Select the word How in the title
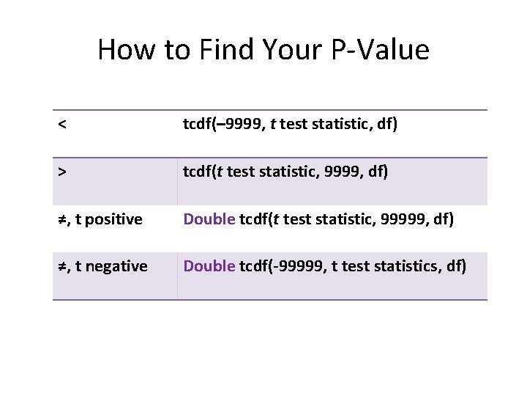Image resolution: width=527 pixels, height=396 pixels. [x=120, y=50]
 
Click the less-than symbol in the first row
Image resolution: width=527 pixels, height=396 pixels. [x=64, y=125]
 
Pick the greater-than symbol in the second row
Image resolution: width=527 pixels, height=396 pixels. [x=64, y=172]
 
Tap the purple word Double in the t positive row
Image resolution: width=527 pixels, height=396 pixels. [x=209, y=219]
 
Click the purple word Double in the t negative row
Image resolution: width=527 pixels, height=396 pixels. [x=209, y=266]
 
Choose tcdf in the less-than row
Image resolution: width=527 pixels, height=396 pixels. [x=198, y=125]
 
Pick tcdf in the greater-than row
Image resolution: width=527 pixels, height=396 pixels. [x=198, y=172]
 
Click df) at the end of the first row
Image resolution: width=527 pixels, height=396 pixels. [x=385, y=125]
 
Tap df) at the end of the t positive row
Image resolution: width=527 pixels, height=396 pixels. [x=440, y=219]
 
